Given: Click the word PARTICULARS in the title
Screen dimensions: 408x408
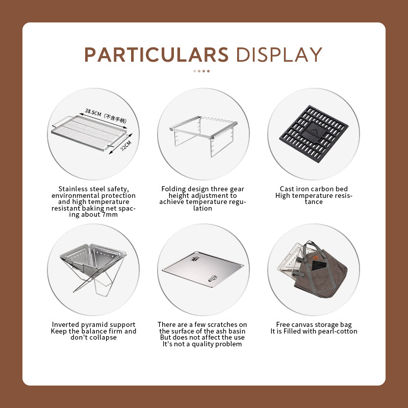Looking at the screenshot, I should coord(156,55).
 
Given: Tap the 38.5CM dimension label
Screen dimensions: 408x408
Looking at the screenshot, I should coord(94,111).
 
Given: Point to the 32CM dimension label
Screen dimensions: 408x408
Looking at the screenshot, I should coord(125,146).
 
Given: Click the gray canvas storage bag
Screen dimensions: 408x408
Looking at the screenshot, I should coord(321,273).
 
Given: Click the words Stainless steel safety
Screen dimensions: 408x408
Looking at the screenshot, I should coord(93,189).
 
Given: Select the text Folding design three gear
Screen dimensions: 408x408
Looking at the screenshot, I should coord(202,189).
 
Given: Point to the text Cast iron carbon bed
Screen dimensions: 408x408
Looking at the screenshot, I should coord(314,189).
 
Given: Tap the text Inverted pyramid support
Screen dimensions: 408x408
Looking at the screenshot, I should coord(94,324).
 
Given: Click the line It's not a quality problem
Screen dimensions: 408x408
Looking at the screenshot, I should coord(202,344).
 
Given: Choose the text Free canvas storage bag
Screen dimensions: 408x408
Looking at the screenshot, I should coord(314,324).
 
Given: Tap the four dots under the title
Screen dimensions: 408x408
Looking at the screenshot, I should coord(201,71).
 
